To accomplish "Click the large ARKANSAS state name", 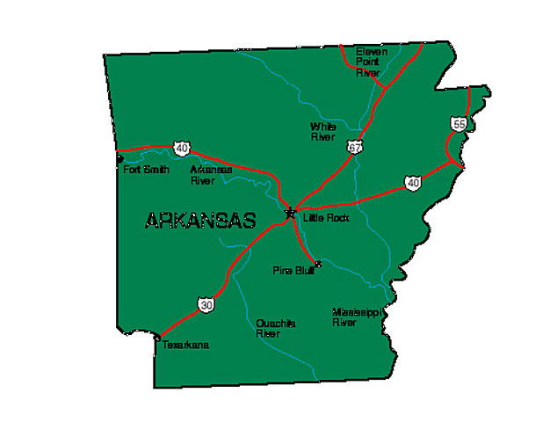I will (199, 221).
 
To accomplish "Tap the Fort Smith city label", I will (146, 170).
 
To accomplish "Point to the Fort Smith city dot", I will (120, 160).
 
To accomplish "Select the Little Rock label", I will (326, 217).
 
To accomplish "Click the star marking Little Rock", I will (291, 212).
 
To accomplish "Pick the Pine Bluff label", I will (293, 270).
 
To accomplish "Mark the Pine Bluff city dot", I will (318, 264).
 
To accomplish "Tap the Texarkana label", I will (185, 346).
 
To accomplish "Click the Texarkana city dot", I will (157, 337).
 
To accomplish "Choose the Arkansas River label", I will (211, 174).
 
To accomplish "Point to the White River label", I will (322, 132).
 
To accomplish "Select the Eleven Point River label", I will (370, 62).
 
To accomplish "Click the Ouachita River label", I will (275, 328).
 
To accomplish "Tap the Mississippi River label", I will (356, 316).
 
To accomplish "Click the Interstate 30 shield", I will (206, 305).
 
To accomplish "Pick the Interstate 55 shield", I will (459, 125).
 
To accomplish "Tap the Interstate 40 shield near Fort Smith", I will (181, 148).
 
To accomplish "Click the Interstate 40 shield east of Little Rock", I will (412, 183).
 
